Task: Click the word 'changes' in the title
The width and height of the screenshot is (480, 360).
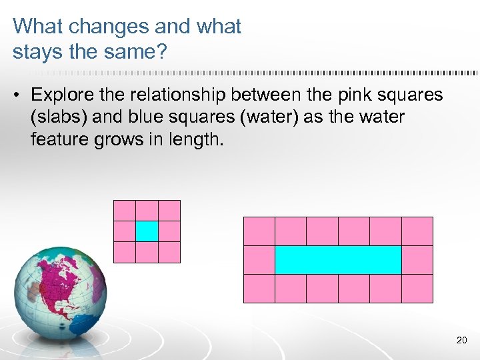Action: point(108,27)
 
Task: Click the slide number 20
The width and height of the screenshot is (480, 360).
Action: point(461,341)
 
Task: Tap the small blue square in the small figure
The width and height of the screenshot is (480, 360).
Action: point(147,231)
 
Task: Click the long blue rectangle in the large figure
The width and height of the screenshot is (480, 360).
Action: point(338,260)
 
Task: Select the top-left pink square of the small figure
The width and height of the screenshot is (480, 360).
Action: point(125,211)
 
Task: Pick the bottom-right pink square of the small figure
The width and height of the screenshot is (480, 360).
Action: point(169,252)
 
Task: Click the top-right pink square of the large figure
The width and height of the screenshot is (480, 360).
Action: point(417,231)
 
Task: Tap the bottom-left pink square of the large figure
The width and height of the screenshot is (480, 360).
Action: point(259,289)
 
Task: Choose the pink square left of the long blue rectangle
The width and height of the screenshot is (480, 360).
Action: point(259,260)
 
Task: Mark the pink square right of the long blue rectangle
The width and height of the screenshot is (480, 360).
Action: point(417,260)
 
